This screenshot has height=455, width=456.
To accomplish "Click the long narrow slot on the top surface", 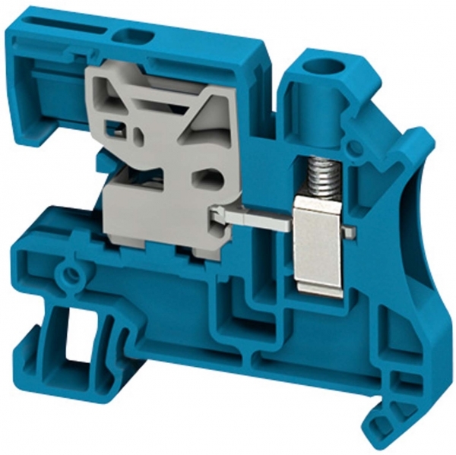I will tap(72, 30).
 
